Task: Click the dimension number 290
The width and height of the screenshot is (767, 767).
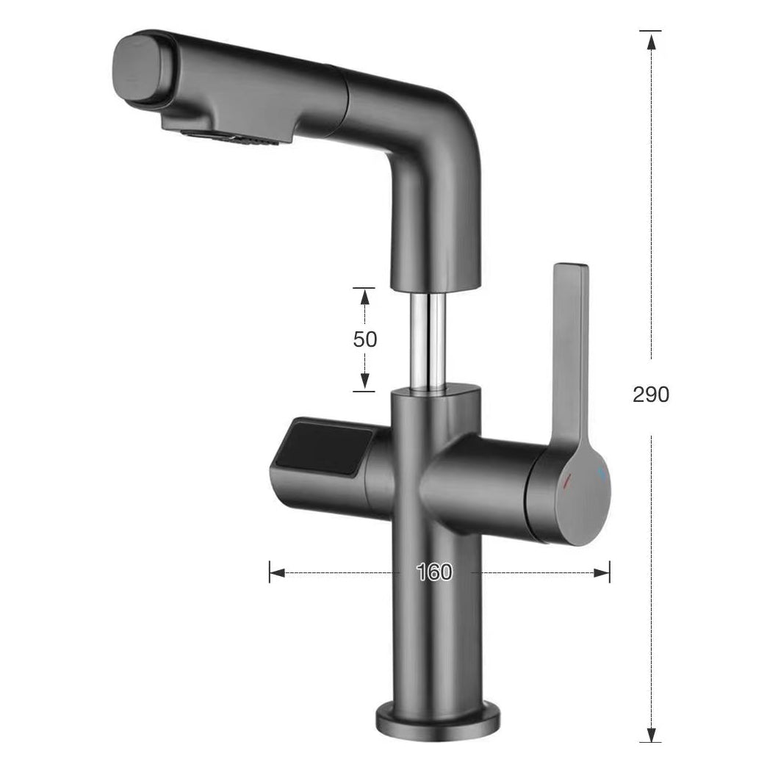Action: tap(651, 395)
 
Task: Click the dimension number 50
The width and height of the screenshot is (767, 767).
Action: tap(365, 339)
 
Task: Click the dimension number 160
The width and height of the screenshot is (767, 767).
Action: tap(434, 572)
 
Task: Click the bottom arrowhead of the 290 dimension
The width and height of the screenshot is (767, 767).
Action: tap(650, 735)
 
